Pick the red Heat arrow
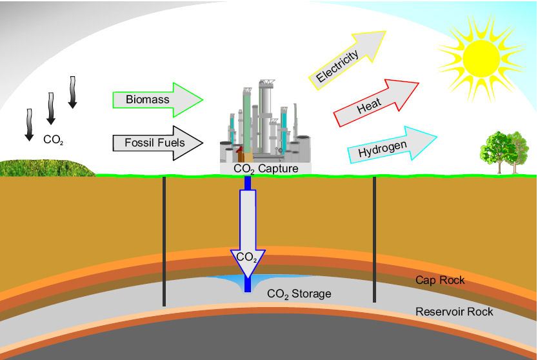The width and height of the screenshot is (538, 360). (x=374, y=103)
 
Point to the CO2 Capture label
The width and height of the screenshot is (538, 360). (x=266, y=169)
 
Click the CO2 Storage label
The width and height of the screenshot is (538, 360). (x=299, y=294)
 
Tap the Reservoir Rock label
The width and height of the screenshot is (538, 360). (x=454, y=312)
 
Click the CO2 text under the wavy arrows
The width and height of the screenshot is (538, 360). (x=53, y=139)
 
